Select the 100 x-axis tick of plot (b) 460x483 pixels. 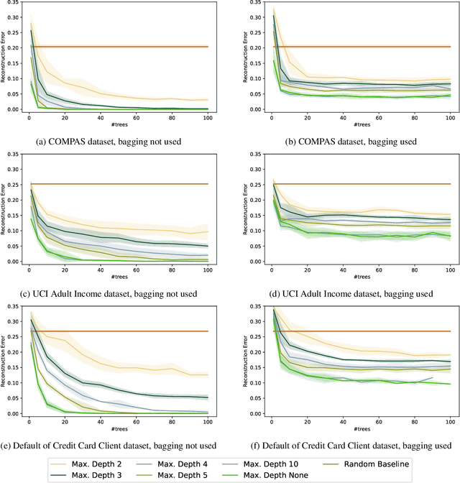[x=449, y=117]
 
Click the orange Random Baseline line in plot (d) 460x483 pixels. [x=359, y=184]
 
